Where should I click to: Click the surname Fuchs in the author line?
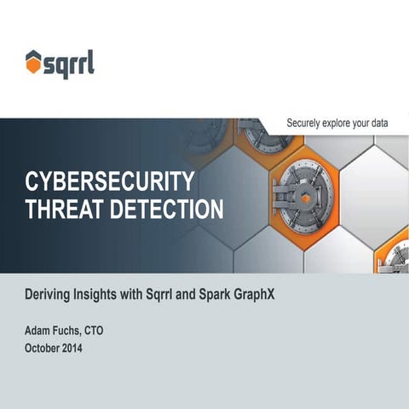tap(74, 331)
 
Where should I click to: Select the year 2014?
tap(85, 349)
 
